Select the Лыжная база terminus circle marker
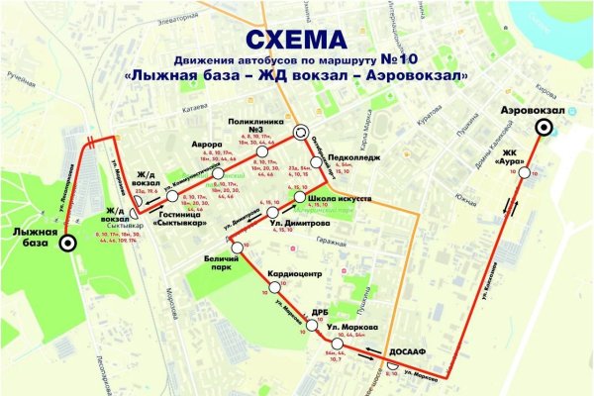pyautogui.click(x=67, y=241)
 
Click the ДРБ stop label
pyautogui.click(x=320, y=310)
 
